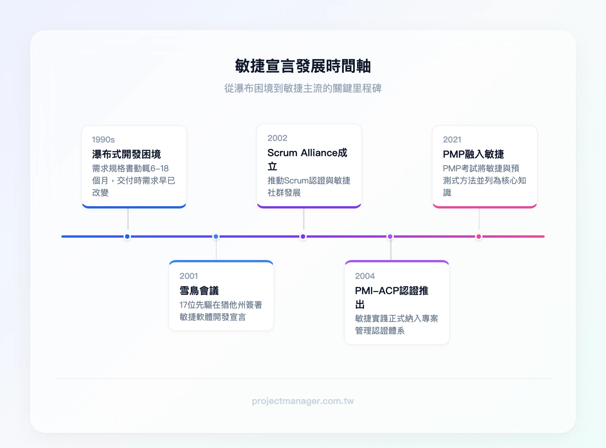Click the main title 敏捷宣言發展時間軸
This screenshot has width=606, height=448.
point(303,66)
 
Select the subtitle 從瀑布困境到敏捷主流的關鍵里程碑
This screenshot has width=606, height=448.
point(303,88)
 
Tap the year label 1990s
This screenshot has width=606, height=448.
point(103,139)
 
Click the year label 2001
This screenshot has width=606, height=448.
point(189,276)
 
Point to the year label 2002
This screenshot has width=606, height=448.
point(277,138)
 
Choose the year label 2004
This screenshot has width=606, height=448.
point(365,276)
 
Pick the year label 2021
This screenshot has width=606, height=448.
point(452,139)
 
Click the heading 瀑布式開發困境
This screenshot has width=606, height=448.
point(127,154)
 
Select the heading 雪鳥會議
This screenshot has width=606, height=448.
point(199,290)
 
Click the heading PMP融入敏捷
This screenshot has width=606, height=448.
point(473,154)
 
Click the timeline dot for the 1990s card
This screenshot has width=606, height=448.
point(127,236)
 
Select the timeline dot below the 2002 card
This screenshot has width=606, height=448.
point(303,236)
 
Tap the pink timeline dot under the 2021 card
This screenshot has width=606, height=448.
point(479,236)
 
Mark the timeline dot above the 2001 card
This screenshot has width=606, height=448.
point(216,236)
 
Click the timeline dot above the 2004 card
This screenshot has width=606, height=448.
point(390,236)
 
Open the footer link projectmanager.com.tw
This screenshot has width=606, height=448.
point(303,401)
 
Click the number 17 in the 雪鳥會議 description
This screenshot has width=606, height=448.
point(183,305)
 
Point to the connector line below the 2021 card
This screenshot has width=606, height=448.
point(479,219)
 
